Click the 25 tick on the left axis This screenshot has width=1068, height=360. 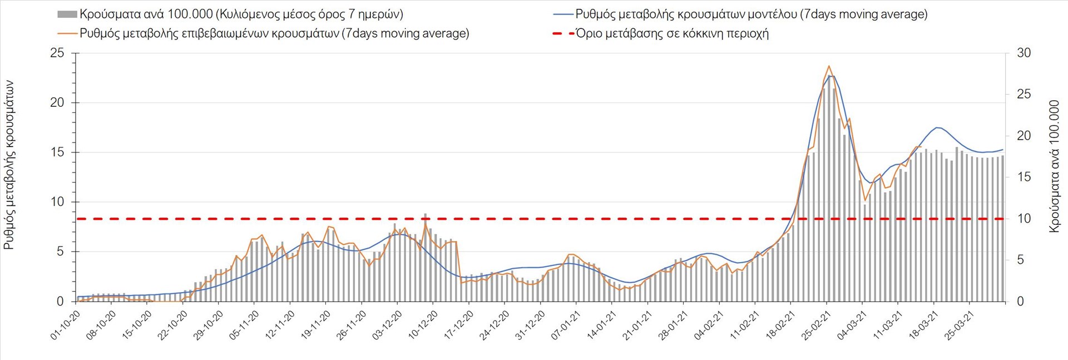(57, 53)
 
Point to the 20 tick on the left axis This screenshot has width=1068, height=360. (57, 103)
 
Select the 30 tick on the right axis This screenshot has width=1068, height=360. (1024, 53)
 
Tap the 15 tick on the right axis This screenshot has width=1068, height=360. (1024, 177)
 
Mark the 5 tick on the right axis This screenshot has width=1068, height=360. (1021, 260)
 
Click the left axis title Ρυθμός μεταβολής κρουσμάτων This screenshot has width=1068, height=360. (9, 165)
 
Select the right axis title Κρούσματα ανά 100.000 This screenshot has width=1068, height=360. (1054, 166)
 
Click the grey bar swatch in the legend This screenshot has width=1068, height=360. (67, 14)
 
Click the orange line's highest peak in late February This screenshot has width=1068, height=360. (829, 66)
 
